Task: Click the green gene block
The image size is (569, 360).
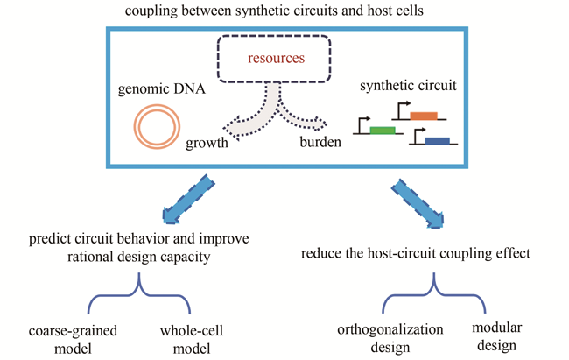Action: pyautogui.click(x=383, y=131)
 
